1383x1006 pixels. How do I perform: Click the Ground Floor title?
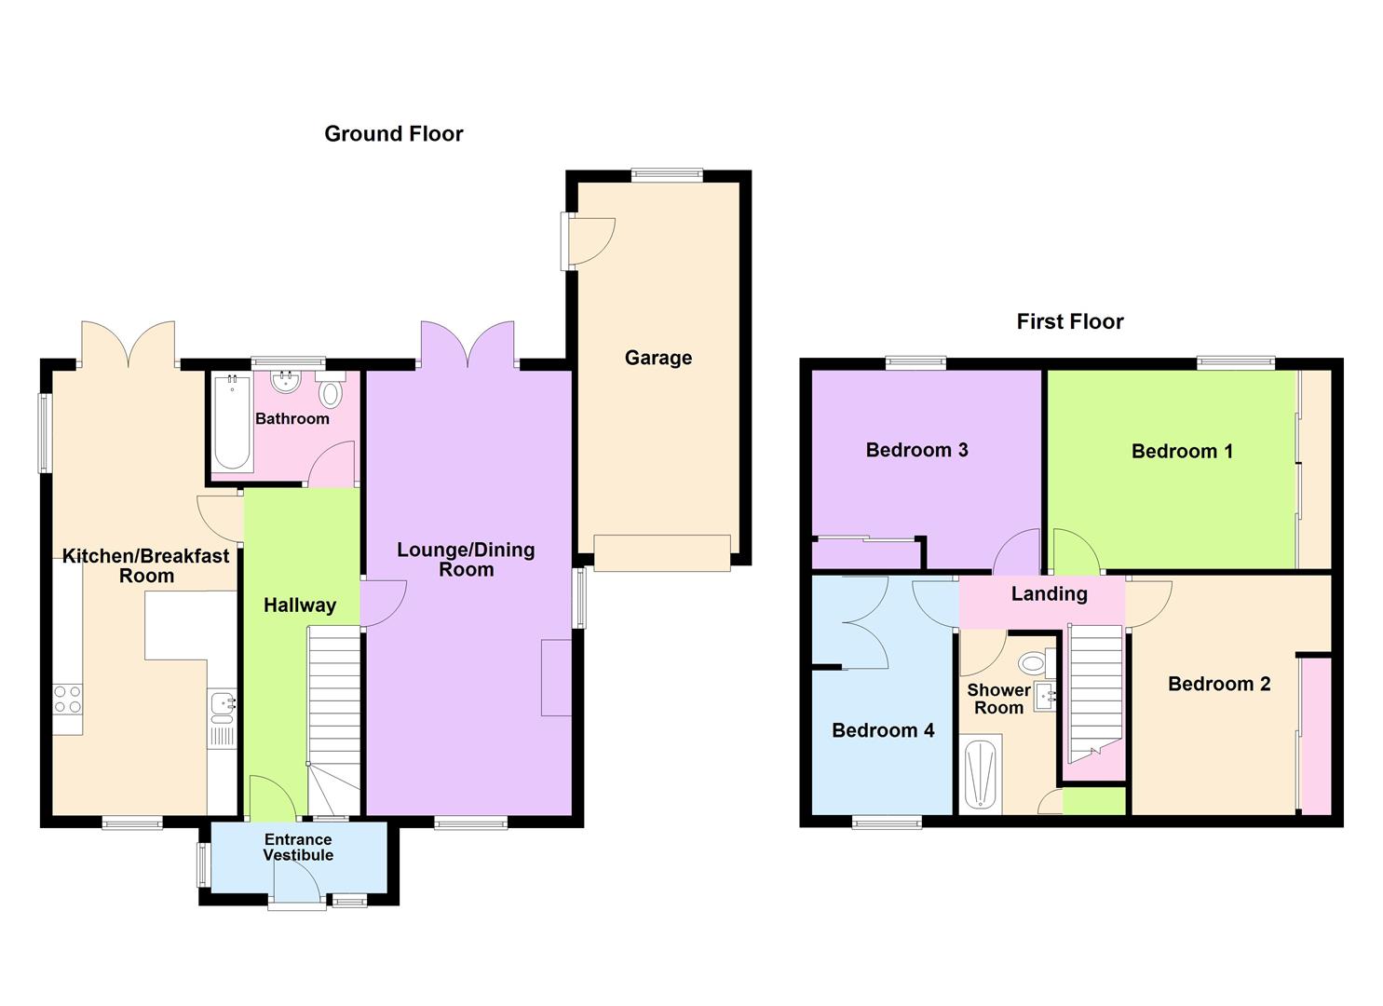393,134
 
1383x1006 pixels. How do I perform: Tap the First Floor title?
1069,322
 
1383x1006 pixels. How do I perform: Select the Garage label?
658,358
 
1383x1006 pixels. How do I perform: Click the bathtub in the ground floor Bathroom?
232,424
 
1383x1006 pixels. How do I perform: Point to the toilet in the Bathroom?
330,393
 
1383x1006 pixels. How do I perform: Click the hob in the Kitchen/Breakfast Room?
67,700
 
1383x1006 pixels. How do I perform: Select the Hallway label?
299,605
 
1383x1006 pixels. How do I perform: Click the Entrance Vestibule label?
298,848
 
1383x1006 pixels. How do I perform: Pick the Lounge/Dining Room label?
466,560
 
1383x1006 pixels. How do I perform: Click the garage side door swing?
594,238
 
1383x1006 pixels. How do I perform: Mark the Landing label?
1049,594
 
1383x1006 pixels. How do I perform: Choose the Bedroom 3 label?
916,451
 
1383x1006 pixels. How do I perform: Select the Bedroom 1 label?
1182,452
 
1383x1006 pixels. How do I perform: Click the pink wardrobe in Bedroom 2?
1315,736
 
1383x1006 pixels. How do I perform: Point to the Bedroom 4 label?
882,731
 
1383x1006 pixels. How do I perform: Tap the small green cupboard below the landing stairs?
1094,801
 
